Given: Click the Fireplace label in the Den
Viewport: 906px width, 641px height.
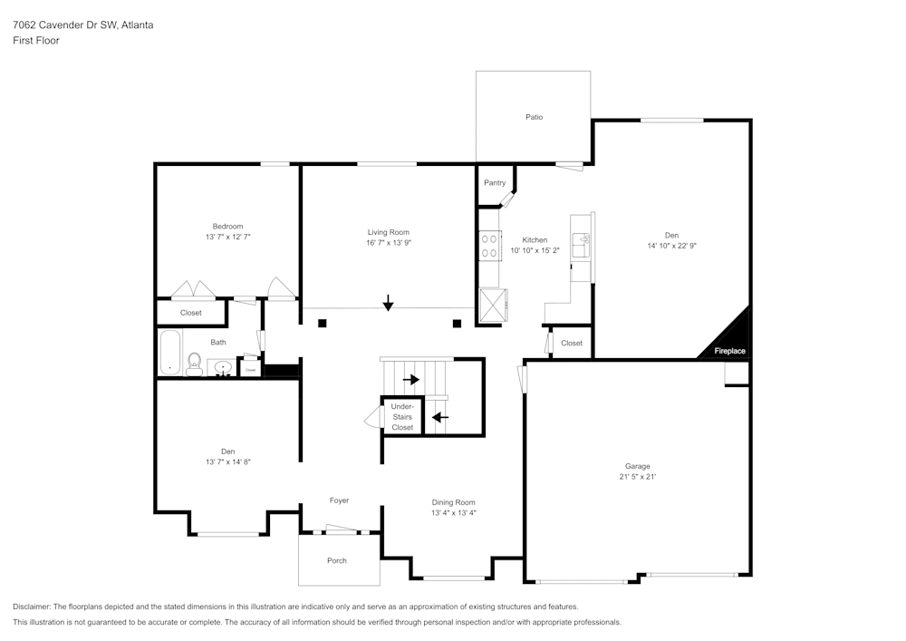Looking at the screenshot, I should tap(729, 351).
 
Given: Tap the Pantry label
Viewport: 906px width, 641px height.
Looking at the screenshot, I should tap(495, 183).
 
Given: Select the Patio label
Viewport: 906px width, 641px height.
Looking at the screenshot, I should tap(535, 117).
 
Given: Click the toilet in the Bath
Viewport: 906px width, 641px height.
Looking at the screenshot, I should tap(194, 365).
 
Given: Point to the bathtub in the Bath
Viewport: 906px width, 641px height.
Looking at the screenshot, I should tap(169, 353).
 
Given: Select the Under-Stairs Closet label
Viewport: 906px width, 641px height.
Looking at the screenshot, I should tap(402, 417).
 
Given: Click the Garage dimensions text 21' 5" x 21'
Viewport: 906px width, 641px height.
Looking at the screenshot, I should tap(637, 476).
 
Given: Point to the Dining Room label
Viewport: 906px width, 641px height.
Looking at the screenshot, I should tap(453, 502).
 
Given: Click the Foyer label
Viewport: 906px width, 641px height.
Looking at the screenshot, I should tap(339, 500).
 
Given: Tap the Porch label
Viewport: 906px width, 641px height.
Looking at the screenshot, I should tap(337, 560).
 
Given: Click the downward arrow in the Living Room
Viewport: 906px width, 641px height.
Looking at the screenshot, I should tap(388, 303).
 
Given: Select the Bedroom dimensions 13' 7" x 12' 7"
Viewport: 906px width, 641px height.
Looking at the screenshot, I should tap(227, 237).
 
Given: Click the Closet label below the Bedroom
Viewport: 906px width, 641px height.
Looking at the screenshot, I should tap(191, 313).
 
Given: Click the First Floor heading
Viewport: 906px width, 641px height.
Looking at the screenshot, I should tap(36, 41).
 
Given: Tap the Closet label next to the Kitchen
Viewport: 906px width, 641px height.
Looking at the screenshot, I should tap(572, 344).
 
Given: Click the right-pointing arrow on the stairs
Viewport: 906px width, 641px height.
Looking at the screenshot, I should tap(411, 380).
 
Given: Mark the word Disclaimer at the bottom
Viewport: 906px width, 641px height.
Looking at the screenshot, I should tap(32, 607).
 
